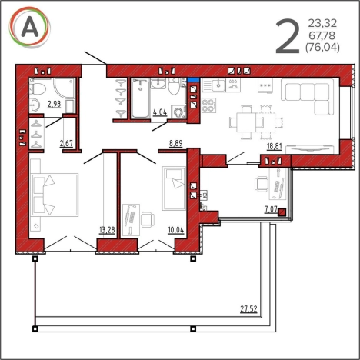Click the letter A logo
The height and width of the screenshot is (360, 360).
coord(30,27)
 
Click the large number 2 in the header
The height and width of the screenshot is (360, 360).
coord(288,36)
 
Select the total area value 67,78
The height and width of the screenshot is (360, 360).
coord(322,35)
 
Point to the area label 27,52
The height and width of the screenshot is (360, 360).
coord(248,308)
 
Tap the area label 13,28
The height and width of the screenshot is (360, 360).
coord(107,230)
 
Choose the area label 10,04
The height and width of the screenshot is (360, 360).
coord(176,230)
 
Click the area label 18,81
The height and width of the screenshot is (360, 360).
coord(275,146)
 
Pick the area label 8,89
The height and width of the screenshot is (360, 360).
coord(176,143)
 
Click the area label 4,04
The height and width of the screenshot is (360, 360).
coord(160,112)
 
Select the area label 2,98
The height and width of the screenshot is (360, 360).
coord(55,104)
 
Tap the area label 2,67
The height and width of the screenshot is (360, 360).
coord(66,143)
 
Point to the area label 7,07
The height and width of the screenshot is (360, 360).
coord(271,209)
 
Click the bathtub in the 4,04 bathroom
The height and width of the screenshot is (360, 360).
coord(140,98)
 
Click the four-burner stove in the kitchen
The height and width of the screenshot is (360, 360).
coord(208,105)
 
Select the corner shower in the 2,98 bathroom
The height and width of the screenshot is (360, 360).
coord(65,88)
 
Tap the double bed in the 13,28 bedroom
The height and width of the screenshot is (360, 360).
coord(55,195)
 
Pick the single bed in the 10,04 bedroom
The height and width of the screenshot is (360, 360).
coord(174,188)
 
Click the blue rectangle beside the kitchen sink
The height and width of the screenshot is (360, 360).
coord(194,79)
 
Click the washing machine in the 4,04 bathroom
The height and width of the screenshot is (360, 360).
coord(178,112)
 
